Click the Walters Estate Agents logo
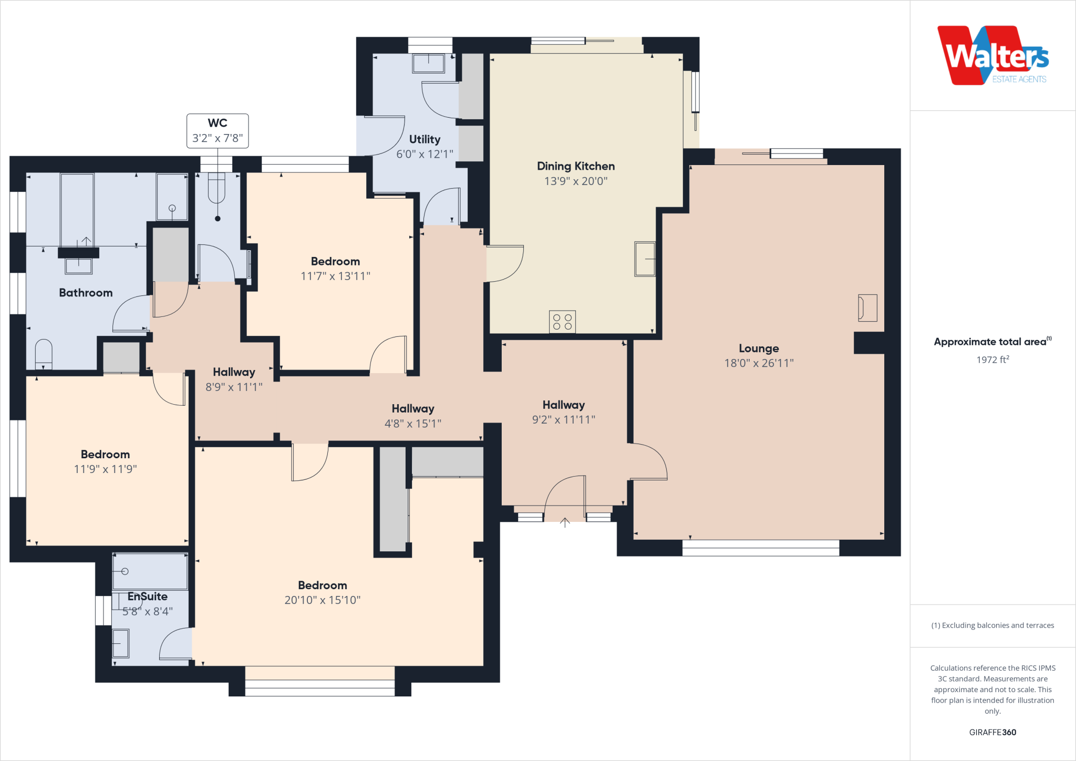992,56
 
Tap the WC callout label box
218,131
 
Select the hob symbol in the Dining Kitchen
562,322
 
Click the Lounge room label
759,348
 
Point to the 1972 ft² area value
992,360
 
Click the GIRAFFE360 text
992,732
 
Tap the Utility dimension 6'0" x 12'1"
425,154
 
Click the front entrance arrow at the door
565,522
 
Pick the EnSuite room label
148,597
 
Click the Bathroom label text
86,293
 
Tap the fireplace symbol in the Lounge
867,307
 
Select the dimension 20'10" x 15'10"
323,600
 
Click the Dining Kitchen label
576,166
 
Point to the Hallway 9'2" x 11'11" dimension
564,419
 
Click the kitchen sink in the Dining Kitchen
645,259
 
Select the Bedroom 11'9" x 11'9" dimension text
105,469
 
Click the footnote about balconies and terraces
992,625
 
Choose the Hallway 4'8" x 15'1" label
413,409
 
